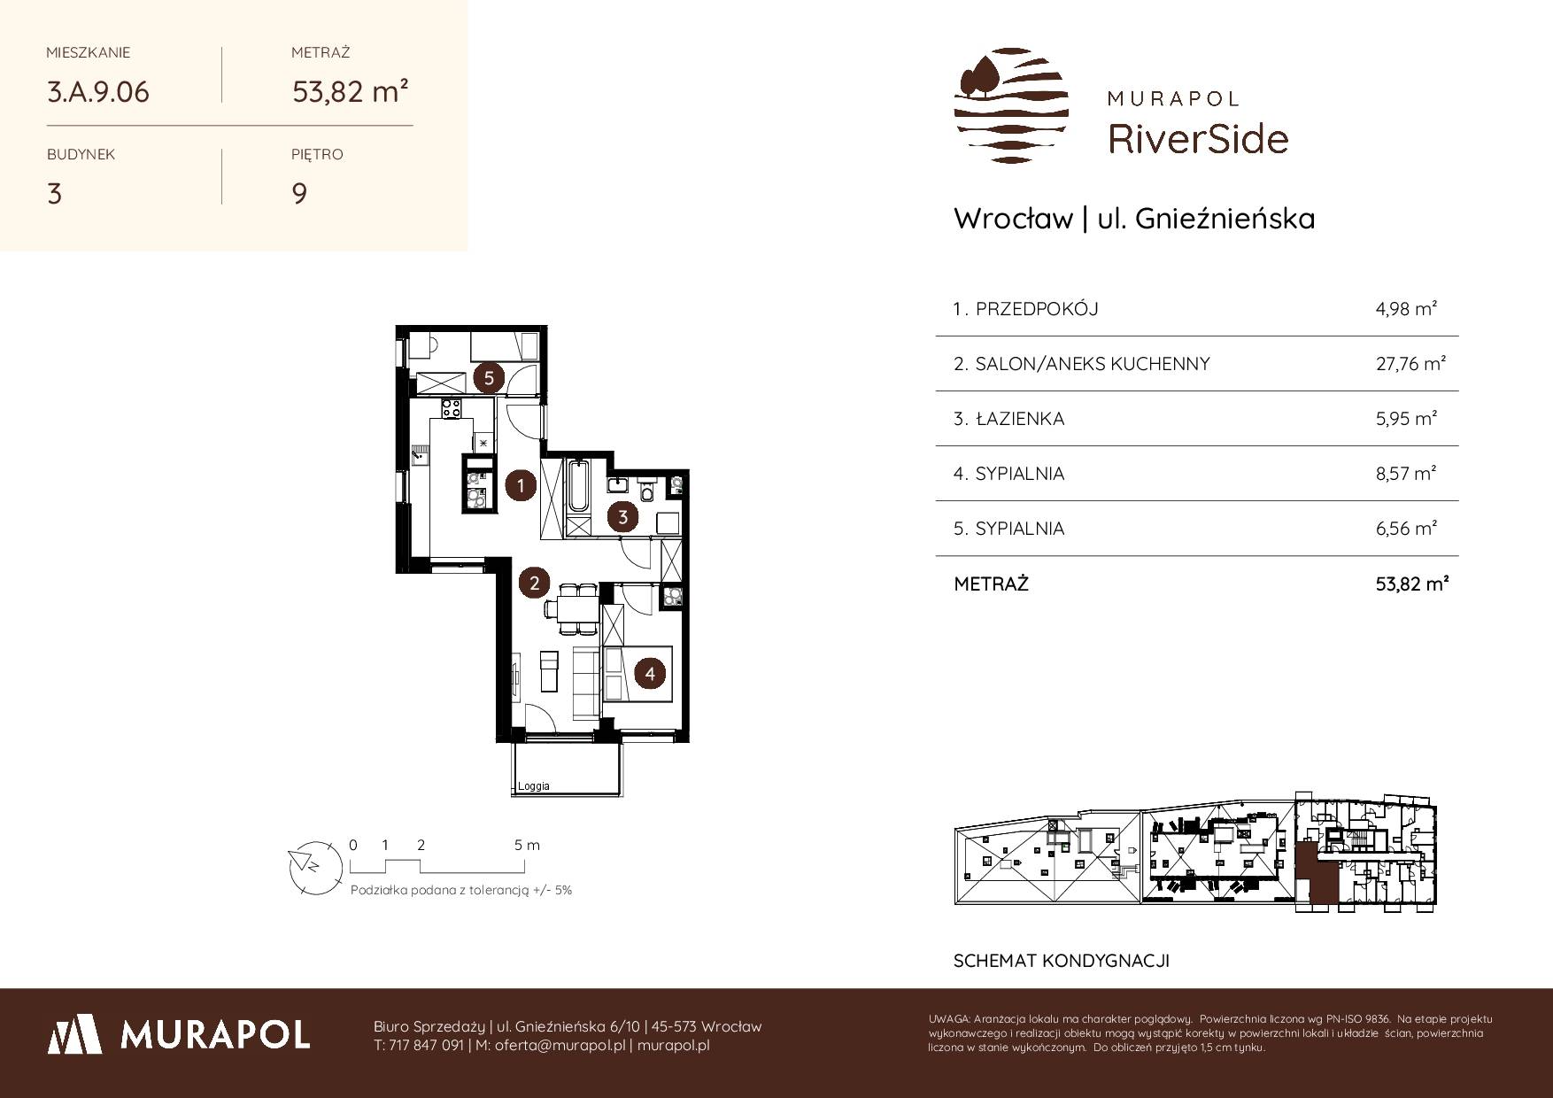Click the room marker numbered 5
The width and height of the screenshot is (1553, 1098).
pyautogui.click(x=489, y=378)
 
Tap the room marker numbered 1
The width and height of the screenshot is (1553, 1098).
pyautogui.click(x=522, y=485)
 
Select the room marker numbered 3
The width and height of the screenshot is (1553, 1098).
pyautogui.click(x=623, y=517)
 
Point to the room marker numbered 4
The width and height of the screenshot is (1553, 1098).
pyautogui.click(x=650, y=674)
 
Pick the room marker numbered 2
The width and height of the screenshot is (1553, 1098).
pyautogui.click(x=534, y=583)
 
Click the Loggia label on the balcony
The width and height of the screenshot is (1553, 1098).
pyautogui.click(x=534, y=786)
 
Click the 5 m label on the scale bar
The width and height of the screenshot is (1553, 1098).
pyautogui.click(x=527, y=845)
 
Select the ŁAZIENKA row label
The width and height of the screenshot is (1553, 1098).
pyautogui.click(x=1019, y=419)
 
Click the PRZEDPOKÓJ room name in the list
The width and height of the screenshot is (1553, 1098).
pyautogui.click(x=1036, y=309)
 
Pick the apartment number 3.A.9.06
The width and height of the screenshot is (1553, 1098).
pyautogui.click(x=98, y=92)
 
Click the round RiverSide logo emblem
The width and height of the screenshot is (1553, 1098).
pyautogui.click(x=1011, y=105)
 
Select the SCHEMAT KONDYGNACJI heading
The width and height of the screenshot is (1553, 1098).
pyautogui.click(x=1062, y=961)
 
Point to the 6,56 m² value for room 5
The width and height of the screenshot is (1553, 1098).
pyautogui.click(x=1406, y=529)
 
